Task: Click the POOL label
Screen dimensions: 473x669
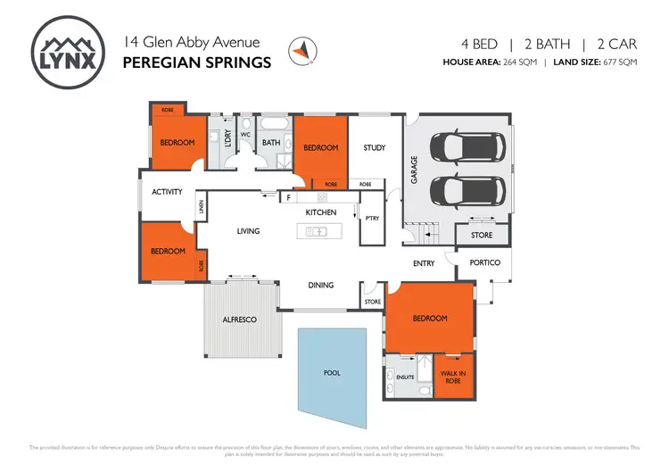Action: coord(331,372)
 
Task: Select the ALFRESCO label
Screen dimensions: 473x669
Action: coord(240,319)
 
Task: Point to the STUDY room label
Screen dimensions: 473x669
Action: coord(375,147)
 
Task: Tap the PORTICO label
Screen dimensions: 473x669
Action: coord(485,262)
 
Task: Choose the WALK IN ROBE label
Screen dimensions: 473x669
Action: coord(455,376)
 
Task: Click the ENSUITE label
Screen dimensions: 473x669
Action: coord(404,378)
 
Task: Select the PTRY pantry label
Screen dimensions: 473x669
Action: coord(372,218)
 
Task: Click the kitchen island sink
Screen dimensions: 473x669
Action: coord(317,231)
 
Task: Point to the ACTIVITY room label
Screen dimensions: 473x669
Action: coord(167,192)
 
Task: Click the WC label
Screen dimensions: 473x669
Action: coord(244,135)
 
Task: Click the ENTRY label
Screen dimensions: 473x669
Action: coord(424,262)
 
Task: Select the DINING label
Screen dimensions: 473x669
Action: coord(320,285)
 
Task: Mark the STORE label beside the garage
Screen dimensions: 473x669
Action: coord(482,236)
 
